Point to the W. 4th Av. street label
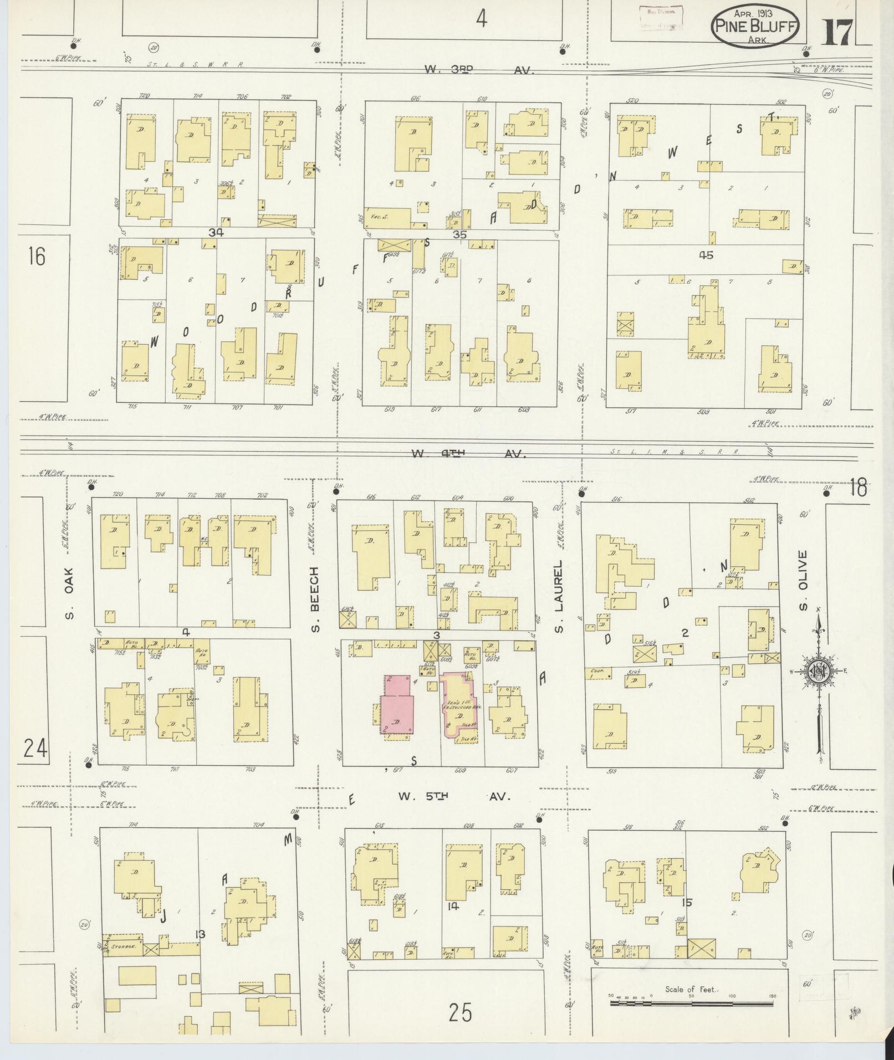click(x=468, y=454)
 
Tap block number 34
click(x=216, y=233)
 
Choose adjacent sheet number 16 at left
click(x=37, y=257)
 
